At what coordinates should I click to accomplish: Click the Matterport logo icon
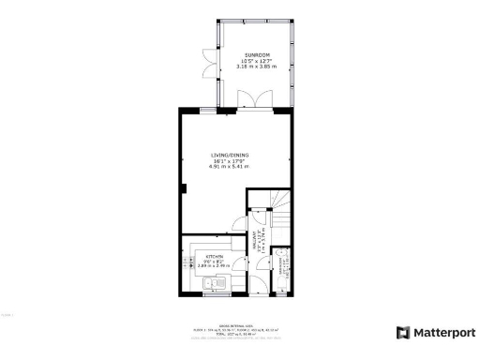pos(403,333)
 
